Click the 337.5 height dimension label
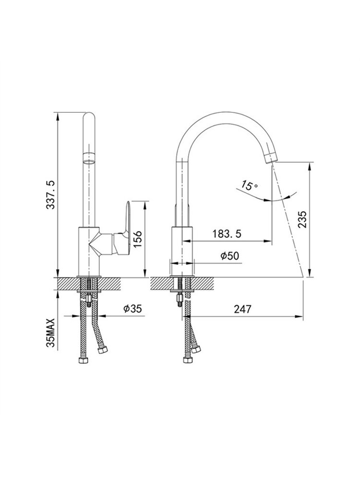(x=50, y=195)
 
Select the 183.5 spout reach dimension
(x=227, y=234)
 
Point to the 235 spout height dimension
(x=302, y=219)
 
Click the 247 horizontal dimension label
(x=242, y=309)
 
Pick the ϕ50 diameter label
(x=229, y=256)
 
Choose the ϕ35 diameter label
(x=132, y=309)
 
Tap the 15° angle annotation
(x=250, y=185)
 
